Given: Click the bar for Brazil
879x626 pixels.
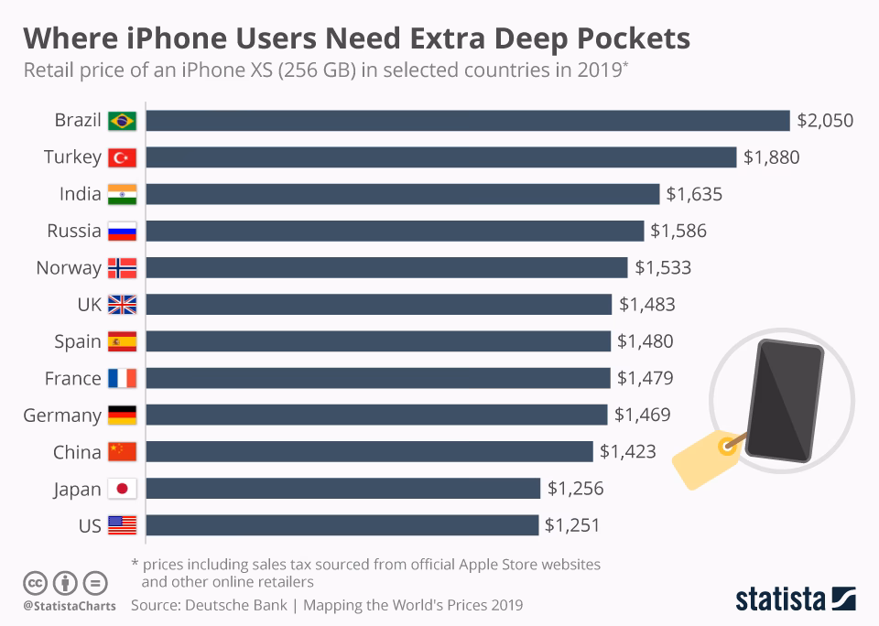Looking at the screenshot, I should point(467,121).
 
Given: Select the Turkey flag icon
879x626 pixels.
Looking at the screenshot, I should point(122,157).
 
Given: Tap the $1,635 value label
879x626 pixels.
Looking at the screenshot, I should point(694,194).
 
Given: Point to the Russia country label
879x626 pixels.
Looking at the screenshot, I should point(74,231).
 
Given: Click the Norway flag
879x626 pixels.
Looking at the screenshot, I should point(122,268).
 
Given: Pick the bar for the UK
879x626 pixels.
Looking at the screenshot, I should point(378,305).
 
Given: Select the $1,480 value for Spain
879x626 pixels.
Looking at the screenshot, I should point(645,341).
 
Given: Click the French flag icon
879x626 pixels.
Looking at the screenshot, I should point(122,378).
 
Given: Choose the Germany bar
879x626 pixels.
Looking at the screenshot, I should point(376,415).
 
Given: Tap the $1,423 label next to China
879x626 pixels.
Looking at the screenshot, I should point(627,451).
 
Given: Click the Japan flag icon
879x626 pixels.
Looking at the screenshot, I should point(122,489).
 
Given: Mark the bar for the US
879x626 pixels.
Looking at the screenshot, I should point(342,525).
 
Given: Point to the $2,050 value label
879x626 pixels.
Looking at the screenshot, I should point(825,121).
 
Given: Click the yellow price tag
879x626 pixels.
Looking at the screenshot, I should point(706,457).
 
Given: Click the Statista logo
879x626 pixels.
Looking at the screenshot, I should point(795,599).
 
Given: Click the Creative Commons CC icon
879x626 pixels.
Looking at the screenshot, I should point(35,582).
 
